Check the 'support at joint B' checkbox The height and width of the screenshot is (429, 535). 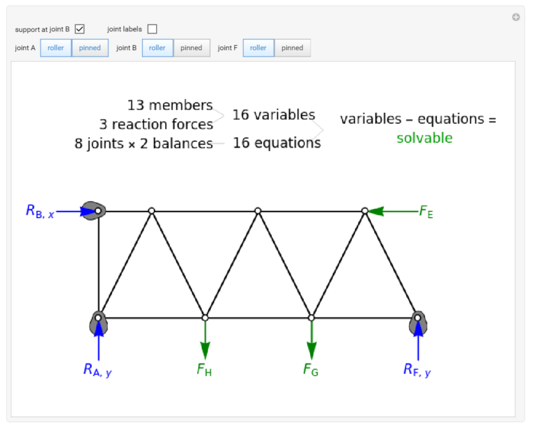tap(80, 29)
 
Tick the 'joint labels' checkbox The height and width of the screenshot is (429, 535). tap(152, 29)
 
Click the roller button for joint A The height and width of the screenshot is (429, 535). tap(56, 48)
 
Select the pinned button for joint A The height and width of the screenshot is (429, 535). tap(90, 48)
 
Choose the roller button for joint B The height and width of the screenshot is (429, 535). tap(157, 48)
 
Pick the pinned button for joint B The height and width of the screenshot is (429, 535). tap(192, 48)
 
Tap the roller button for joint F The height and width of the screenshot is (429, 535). tap(258, 48)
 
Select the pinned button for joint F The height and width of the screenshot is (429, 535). tap(293, 48)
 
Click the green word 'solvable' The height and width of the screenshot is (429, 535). tap(424, 138)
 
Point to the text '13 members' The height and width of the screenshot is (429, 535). tap(170, 105)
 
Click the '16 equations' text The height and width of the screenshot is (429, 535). tap(277, 143)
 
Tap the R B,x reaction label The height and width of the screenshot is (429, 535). tap(40, 212)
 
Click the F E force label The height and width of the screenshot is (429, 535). tap(426, 212)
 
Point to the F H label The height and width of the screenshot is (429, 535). tap(204, 370)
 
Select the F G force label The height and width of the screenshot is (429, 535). tap(311, 370)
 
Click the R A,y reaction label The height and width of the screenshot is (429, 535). tap(98, 370)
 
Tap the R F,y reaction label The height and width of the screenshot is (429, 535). tap(417, 370)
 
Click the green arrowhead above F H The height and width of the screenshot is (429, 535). tap(205, 350)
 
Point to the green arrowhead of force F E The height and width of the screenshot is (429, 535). tap(375, 212)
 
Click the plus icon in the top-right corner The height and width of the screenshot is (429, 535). tap(516, 17)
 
